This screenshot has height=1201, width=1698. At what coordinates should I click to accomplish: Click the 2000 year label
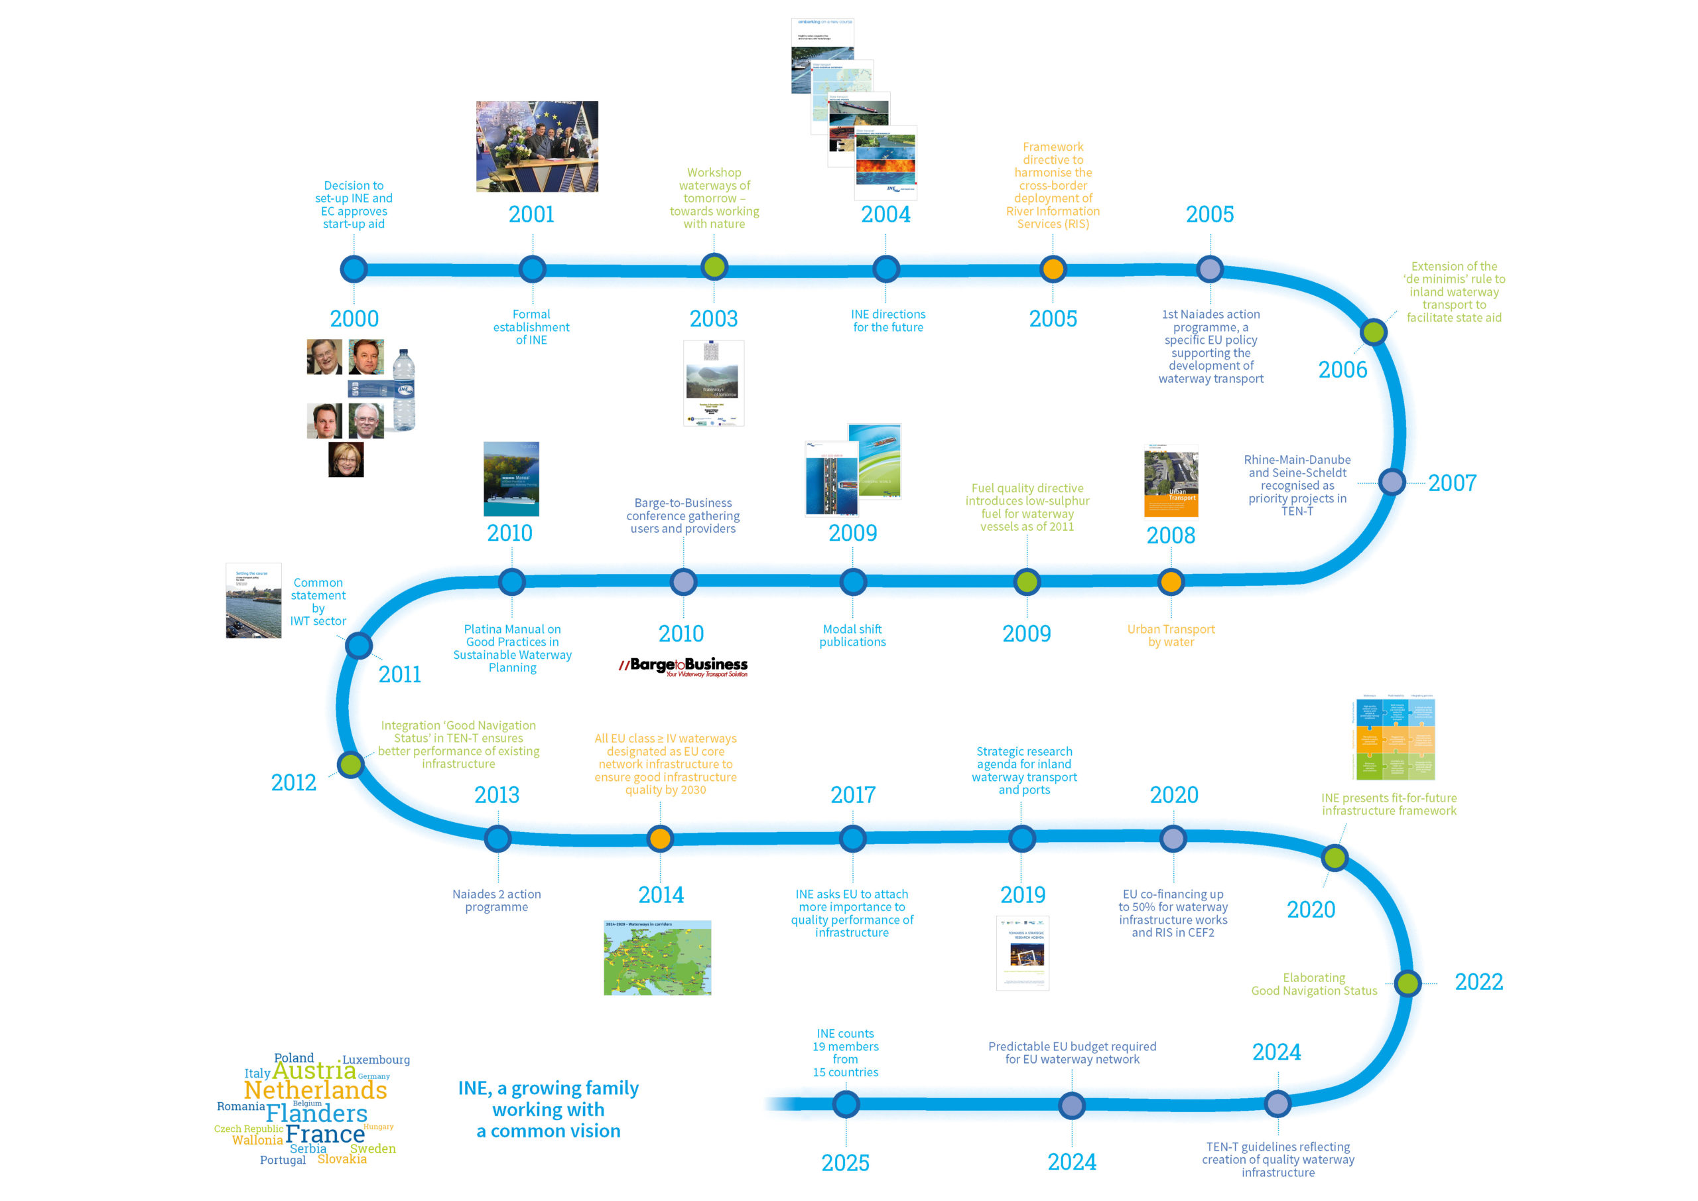click(354, 319)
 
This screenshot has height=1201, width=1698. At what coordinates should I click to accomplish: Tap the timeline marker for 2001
click(533, 269)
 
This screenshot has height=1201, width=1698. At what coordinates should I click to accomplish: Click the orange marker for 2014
click(660, 839)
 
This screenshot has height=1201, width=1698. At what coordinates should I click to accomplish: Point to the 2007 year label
click(1452, 483)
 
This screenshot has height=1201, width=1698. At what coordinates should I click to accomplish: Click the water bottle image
click(404, 390)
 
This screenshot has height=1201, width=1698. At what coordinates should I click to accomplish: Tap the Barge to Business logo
click(683, 666)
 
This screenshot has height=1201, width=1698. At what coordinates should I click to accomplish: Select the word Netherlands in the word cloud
click(316, 1090)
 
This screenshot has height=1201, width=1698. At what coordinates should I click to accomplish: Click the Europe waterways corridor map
click(657, 957)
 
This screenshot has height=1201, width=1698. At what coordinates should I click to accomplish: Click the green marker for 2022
click(1407, 983)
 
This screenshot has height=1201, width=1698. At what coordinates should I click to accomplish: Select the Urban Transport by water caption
click(1171, 636)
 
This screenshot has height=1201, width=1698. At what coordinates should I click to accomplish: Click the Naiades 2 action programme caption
click(497, 900)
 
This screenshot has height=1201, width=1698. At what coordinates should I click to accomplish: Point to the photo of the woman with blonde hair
click(346, 460)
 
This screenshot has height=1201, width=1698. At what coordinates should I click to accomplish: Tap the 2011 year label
click(399, 674)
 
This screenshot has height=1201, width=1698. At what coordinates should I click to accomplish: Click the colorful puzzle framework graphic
click(1395, 738)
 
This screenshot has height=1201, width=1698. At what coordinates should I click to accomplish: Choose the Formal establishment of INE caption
click(531, 327)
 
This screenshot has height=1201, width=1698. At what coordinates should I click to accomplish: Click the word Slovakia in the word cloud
click(342, 1159)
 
